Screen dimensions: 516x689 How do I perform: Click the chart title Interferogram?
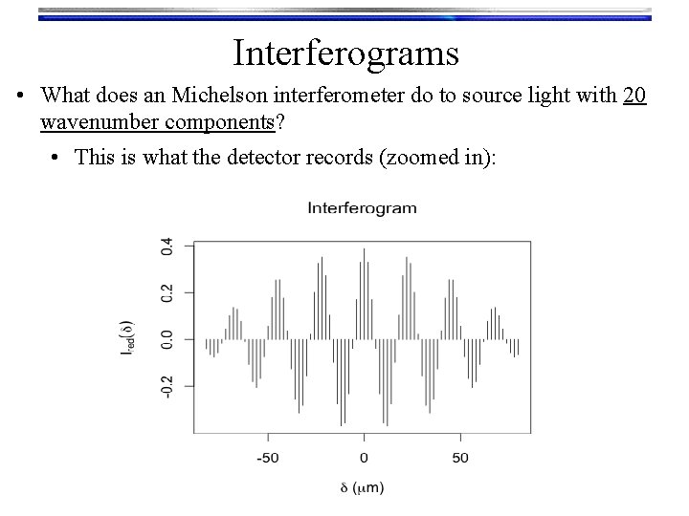pyautogui.click(x=362, y=207)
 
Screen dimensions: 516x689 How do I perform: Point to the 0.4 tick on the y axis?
pyautogui.click(x=167, y=246)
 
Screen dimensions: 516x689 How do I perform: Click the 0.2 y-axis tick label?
pyautogui.click(x=167, y=292)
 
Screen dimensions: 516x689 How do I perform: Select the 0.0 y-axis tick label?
pyautogui.click(x=167, y=339)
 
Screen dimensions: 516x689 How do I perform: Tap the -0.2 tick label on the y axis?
pyautogui.click(x=167, y=385)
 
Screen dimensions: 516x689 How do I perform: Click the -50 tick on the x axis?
pyautogui.click(x=267, y=456)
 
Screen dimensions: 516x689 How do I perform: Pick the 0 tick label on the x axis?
pyautogui.click(x=364, y=456)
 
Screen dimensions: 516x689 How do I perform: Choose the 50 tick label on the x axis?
pyautogui.click(x=460, y=456)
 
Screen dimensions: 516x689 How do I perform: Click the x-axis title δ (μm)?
pyautogui.click(x=363, y=488)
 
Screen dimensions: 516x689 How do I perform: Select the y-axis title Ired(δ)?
pyautogui.click(x=126, y=339)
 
